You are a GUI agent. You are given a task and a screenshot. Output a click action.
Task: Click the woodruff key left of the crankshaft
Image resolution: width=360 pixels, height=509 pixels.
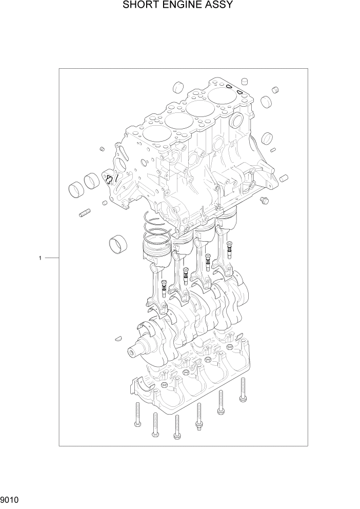click(117, 338)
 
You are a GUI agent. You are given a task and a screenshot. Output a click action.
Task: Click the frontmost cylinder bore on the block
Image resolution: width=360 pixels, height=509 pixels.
click(154, 136)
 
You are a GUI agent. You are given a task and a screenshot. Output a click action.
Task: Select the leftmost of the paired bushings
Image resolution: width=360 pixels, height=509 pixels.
click(76, 188)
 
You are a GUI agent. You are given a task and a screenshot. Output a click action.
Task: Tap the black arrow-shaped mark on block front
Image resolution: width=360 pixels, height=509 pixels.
click(109, 178)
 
